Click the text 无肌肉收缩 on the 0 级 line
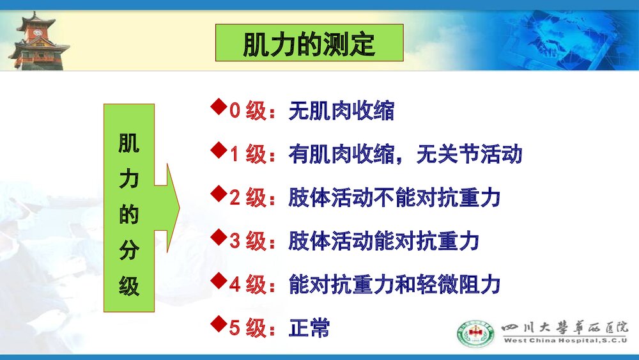[x=341, y=111]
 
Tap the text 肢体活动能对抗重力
[x=383, y=241]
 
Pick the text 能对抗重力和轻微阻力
[x=394, y=285]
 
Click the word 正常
[x=309, y=328]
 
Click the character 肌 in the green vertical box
[x=129, y=144]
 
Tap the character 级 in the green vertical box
[x=129, y=287]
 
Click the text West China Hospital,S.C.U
[x=566, y=341]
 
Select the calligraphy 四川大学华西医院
[x=566, y=327]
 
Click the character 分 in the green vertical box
[x=129, y=251]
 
